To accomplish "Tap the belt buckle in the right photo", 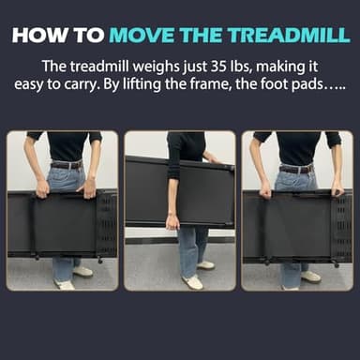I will (x=297, y=169).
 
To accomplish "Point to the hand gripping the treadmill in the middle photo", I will (x=172, y=222).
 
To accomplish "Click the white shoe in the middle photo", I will (x=194, y=281).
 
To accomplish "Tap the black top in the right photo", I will (x=297, y=146).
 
